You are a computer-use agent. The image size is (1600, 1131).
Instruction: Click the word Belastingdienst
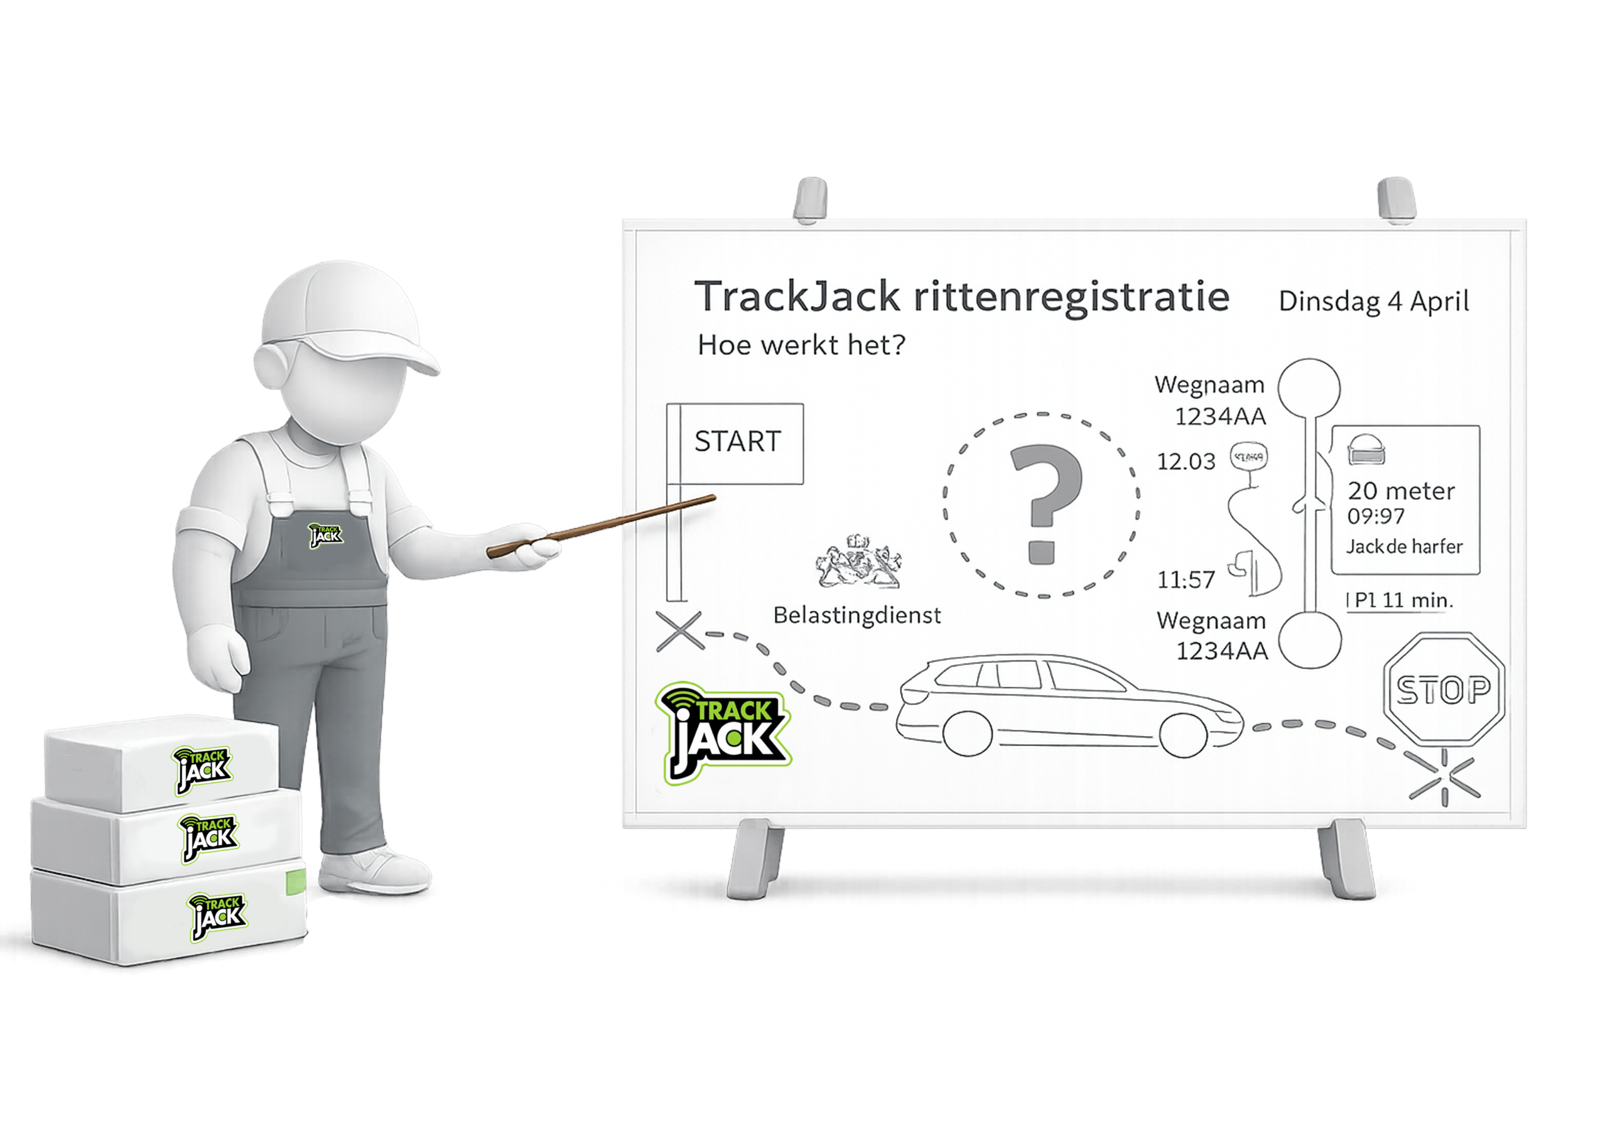pyautogui.click(x=856, y=615)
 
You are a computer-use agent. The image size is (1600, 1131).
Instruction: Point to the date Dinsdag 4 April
pyautogui.click(x=1374, y=302)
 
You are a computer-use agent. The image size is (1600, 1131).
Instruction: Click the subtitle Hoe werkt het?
pyautogui.click(x=801, y=346)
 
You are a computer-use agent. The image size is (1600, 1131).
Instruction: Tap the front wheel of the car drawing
pyautogui.click(x=1186, y=734)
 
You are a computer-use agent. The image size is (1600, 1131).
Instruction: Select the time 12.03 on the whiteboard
pyautogui.click(x=1186, y=461)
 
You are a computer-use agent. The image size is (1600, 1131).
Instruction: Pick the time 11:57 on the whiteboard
pyautogui.click(x=1186, y=579)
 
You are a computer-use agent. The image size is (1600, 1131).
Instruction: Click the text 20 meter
pyautogui.click(x=1401, y=491)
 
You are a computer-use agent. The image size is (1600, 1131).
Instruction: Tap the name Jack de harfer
pyautogui.click(x=1404, y=547)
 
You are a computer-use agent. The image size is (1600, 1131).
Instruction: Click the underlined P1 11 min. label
pyautogui.click(x=1400, y=600)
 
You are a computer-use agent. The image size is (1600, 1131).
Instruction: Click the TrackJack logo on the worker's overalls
pyautogui.click(x=326, y=535)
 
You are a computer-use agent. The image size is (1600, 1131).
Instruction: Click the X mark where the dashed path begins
pyautogui.click(x=680, y=631)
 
